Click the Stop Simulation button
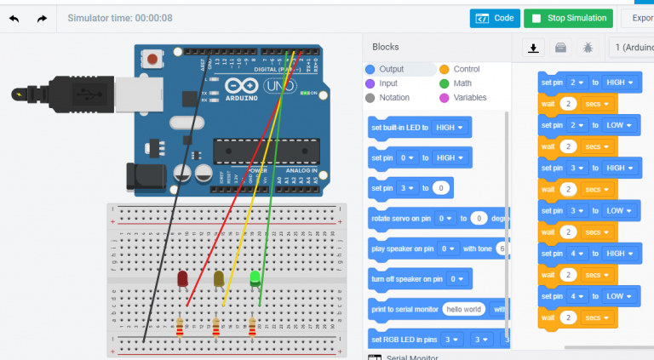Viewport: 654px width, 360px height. pos(569,18)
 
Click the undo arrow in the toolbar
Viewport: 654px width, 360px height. pos(14,18)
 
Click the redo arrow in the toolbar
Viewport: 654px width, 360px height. pos(42,18)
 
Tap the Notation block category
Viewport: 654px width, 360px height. pos(394,98)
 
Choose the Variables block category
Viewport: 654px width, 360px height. pos(470,98)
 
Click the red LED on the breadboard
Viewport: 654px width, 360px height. pos(182,278)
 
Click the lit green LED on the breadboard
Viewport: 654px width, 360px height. pos(255,277)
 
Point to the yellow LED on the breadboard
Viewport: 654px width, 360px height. pos(219,278)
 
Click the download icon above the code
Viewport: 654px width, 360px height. pos(534,48)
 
